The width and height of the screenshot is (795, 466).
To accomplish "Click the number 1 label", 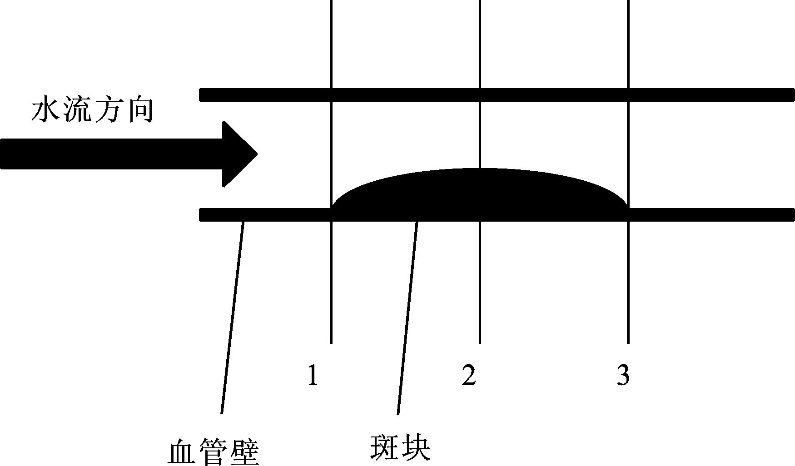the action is (313, 375).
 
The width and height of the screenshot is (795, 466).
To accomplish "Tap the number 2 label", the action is (468, 375).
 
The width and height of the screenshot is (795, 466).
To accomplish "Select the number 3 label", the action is (623, 375).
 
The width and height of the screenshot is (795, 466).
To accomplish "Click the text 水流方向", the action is (92, 111).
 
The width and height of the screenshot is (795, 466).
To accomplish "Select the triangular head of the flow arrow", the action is (238, 154).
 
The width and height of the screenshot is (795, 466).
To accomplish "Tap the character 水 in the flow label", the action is (46, 111).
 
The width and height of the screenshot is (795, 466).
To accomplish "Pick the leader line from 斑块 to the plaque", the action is (407, 318).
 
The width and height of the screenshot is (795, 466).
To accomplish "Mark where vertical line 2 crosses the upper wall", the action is (480, 94).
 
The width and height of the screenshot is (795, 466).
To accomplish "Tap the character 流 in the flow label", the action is (78, 111).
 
